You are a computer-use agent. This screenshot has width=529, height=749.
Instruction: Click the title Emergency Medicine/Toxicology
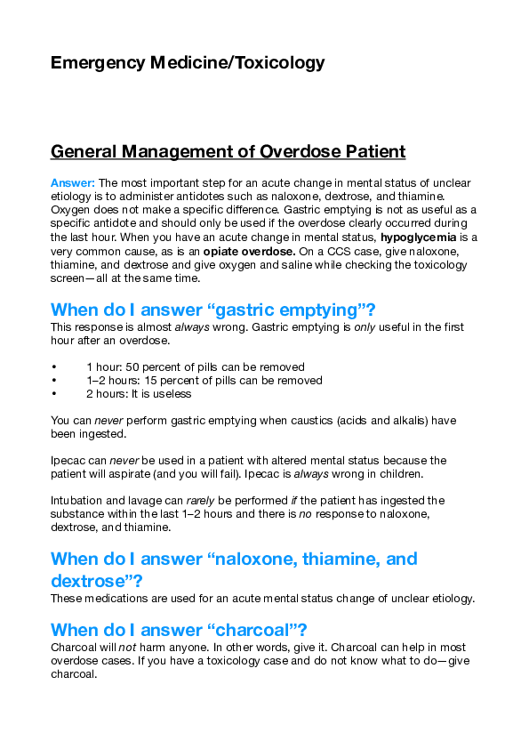(188, 62)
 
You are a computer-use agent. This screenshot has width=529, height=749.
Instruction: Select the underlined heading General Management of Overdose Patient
(228, 151)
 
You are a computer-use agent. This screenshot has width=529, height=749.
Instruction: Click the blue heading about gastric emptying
(213, 310)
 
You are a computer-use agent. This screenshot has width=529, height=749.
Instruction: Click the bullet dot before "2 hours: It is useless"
(55, 393)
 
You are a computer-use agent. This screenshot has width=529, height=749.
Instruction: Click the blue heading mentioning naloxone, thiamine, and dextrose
(233, 569)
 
